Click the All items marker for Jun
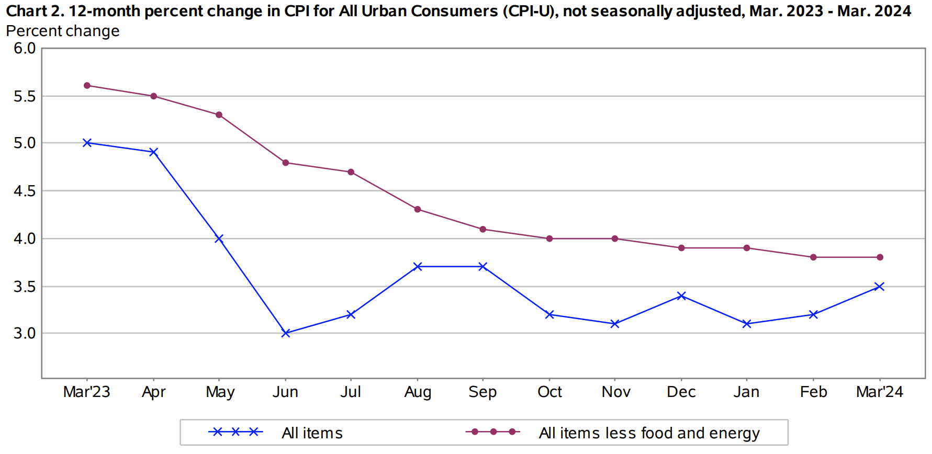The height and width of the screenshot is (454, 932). (286, 333)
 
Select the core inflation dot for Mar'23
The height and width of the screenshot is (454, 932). (87, 86)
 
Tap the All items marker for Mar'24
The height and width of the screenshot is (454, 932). (880, 287)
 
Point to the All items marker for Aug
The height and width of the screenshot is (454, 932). (418, 267)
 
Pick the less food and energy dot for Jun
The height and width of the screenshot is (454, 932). (286, 163)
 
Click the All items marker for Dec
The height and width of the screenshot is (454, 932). (681, 296)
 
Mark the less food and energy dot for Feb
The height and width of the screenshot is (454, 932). (813, 257)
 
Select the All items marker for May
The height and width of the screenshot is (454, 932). (219, 239)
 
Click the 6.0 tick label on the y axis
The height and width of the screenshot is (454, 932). (25, 49)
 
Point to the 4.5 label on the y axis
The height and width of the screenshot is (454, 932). (25, 191)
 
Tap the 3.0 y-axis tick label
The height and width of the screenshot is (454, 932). (25, 333)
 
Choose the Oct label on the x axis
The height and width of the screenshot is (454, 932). (549, 392)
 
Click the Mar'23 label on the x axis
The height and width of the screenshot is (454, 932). (87, 392)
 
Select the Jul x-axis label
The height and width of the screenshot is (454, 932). (351, 392)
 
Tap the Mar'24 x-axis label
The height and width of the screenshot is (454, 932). (880, 392)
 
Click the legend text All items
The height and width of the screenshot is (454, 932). (312, 433)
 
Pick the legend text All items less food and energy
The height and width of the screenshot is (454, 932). (649, 433)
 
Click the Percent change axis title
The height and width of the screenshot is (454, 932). (63, 31)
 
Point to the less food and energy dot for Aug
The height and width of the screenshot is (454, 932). (418, 209)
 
